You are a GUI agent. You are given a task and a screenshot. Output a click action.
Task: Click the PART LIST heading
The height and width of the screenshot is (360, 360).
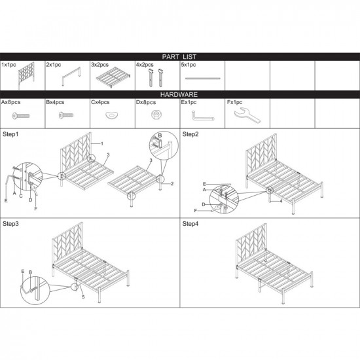point(179,57)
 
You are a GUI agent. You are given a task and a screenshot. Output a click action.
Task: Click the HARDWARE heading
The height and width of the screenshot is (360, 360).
point(179,94)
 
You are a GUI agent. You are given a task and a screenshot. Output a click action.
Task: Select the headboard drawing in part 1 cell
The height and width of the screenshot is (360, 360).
point(26,75)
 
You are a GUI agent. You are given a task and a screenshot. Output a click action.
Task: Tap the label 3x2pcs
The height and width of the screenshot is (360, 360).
point(99,65)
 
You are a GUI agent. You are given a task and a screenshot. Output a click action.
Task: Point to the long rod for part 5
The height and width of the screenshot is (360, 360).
point(203,79)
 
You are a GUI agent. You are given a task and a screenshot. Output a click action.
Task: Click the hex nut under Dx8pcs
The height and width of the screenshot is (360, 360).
point(157,115)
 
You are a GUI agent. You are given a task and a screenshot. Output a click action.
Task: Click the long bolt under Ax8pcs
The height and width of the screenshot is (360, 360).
point(21,115)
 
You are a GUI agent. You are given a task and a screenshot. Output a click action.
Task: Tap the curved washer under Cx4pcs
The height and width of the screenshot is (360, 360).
point(112,115)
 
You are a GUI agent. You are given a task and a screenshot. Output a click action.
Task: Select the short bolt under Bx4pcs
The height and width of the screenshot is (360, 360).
point(66,115)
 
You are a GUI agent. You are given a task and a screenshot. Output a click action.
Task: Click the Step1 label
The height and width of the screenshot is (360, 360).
point(10,134)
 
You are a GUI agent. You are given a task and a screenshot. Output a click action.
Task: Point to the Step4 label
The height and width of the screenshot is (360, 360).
point(190,224)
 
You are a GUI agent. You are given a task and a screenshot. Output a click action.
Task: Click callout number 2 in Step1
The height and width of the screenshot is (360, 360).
point(172,183)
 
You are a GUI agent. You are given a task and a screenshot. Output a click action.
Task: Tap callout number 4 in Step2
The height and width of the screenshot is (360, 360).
point(281,201)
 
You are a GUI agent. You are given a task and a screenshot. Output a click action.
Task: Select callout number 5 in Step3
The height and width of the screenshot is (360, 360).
point(83,297)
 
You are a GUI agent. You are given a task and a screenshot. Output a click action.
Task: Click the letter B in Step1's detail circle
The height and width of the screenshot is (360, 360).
point(160,135)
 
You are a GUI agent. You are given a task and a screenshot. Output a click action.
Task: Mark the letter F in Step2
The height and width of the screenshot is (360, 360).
point(196,211)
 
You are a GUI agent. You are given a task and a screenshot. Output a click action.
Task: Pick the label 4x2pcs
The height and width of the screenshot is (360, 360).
point(145,65)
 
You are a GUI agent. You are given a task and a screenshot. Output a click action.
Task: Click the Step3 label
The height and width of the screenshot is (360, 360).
point(10,224)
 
